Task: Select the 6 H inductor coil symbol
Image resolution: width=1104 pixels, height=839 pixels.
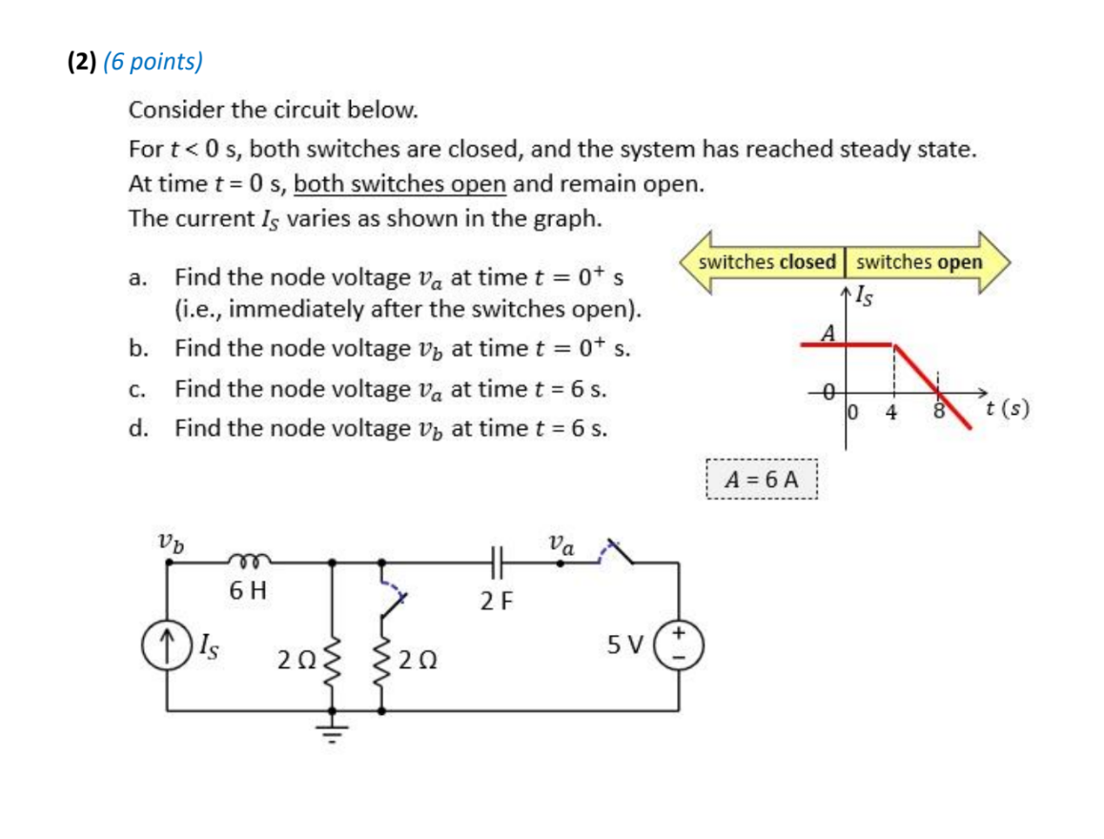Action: coord(249,561)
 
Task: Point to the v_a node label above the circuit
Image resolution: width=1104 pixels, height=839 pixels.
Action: coord(562,545)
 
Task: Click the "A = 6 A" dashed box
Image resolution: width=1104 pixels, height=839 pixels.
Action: coord(761,480)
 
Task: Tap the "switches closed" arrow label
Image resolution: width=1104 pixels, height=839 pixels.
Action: coord(767,262)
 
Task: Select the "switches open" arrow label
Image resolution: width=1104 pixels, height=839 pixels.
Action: coord(919,262)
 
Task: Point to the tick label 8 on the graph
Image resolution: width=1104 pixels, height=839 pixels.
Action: coord(938,413)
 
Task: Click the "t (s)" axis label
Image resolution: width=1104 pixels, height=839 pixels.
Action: coord(1008,411)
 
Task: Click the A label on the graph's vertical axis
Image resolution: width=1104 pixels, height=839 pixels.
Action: coord(828,334)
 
